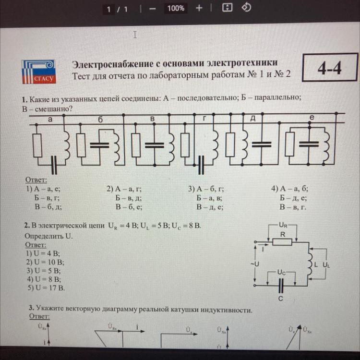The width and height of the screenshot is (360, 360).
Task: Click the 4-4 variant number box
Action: click(x=330, y=69)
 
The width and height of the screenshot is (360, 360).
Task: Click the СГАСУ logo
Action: click(x=38, y=71)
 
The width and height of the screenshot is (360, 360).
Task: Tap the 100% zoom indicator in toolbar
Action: click(x=176, y=8)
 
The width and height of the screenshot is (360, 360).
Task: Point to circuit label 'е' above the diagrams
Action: click(x=312, y=117)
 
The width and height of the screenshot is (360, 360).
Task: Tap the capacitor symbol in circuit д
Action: click(x=262, y=143)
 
